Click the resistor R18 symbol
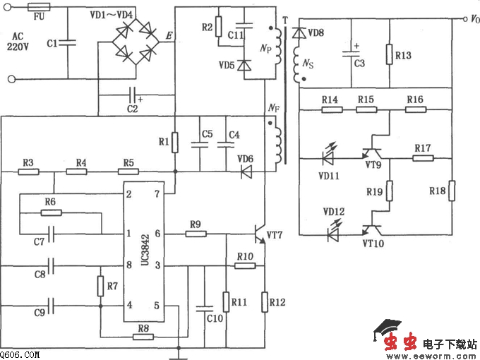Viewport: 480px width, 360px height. coord(450,191)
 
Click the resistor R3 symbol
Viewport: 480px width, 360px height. coord(28,171)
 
